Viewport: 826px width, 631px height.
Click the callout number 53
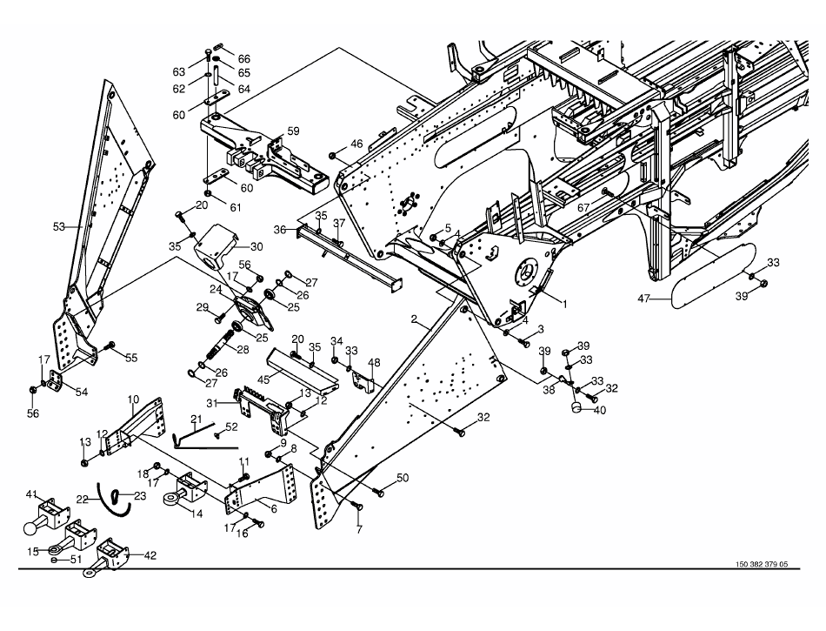59,227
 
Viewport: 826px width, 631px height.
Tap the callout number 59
293,131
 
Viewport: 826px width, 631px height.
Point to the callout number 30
256,246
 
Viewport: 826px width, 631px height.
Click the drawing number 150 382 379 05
755,564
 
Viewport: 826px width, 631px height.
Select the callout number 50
402,477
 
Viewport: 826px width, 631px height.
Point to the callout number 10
133,399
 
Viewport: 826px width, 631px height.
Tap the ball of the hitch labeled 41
31,527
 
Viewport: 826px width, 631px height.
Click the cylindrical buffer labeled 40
576,406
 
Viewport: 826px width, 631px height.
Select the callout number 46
356,144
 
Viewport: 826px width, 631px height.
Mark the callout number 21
197,420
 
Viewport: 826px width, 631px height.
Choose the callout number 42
150,554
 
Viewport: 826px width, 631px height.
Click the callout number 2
416,319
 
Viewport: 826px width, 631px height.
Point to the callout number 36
280,229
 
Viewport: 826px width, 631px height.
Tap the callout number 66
244,58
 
